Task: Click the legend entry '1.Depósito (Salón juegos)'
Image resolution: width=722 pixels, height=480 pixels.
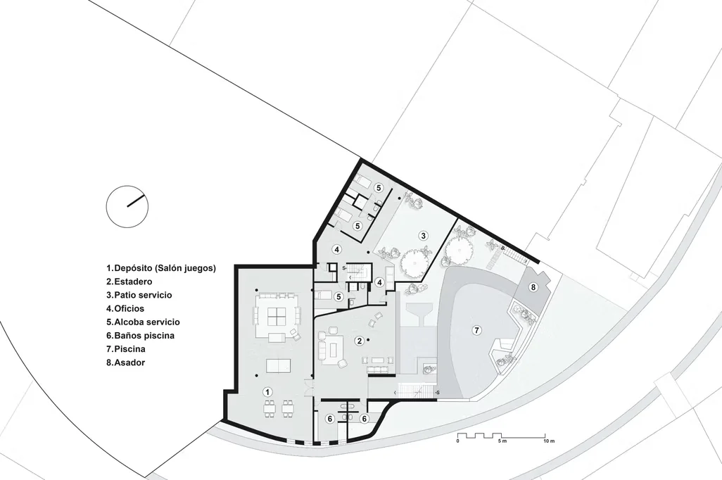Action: point(161,268)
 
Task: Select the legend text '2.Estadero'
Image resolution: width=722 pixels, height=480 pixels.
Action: point(129,282)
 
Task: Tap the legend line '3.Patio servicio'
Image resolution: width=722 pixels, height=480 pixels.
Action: point(139,295)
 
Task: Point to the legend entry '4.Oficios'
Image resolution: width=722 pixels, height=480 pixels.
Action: point(125,309)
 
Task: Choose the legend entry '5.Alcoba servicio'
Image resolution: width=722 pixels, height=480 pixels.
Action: point(143,322)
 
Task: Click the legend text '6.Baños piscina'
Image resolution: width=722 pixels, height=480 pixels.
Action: point(141,335)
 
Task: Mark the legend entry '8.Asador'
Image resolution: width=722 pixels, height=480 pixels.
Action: point(126,362)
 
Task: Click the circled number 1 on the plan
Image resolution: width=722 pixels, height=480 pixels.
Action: point(267,392)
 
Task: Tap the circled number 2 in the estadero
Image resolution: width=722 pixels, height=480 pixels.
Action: point(359,341)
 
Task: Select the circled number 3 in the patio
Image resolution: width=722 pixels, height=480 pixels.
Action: point(423,236)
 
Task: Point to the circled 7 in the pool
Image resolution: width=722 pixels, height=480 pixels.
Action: point(477,330)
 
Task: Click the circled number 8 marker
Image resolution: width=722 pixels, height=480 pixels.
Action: point(533,287)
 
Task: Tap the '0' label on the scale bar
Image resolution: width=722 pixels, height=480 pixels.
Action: point(457,441)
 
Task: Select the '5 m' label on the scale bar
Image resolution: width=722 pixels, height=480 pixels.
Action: point(502,441)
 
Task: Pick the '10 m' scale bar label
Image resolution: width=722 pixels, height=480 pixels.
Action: point(548,441)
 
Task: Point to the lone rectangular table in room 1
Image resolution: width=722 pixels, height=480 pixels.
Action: point(278,365)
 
